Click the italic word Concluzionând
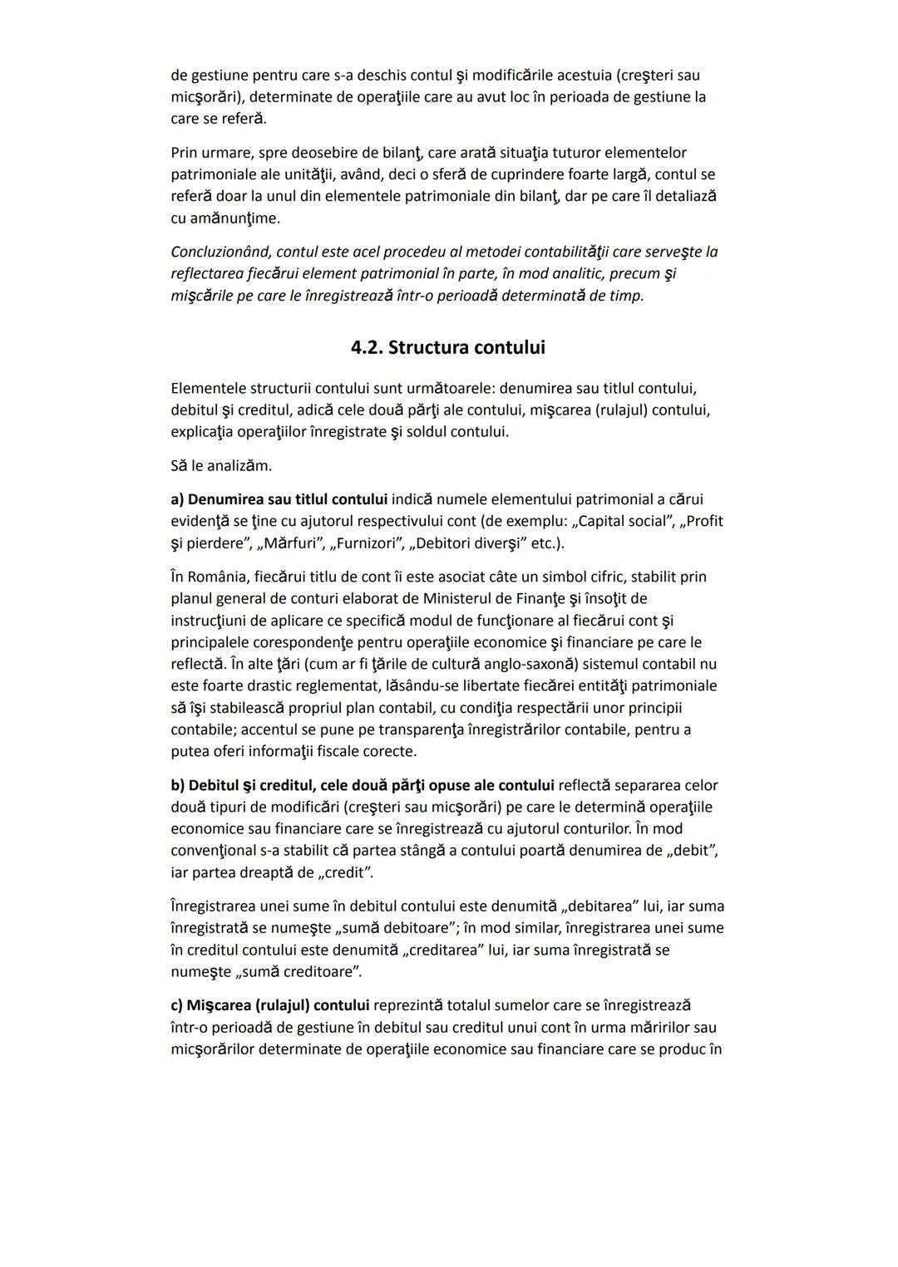tap(220, 252)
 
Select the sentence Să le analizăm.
tap(221, 466)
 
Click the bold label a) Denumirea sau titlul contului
tap(279, 499)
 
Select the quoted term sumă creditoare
tap(300, 971)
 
